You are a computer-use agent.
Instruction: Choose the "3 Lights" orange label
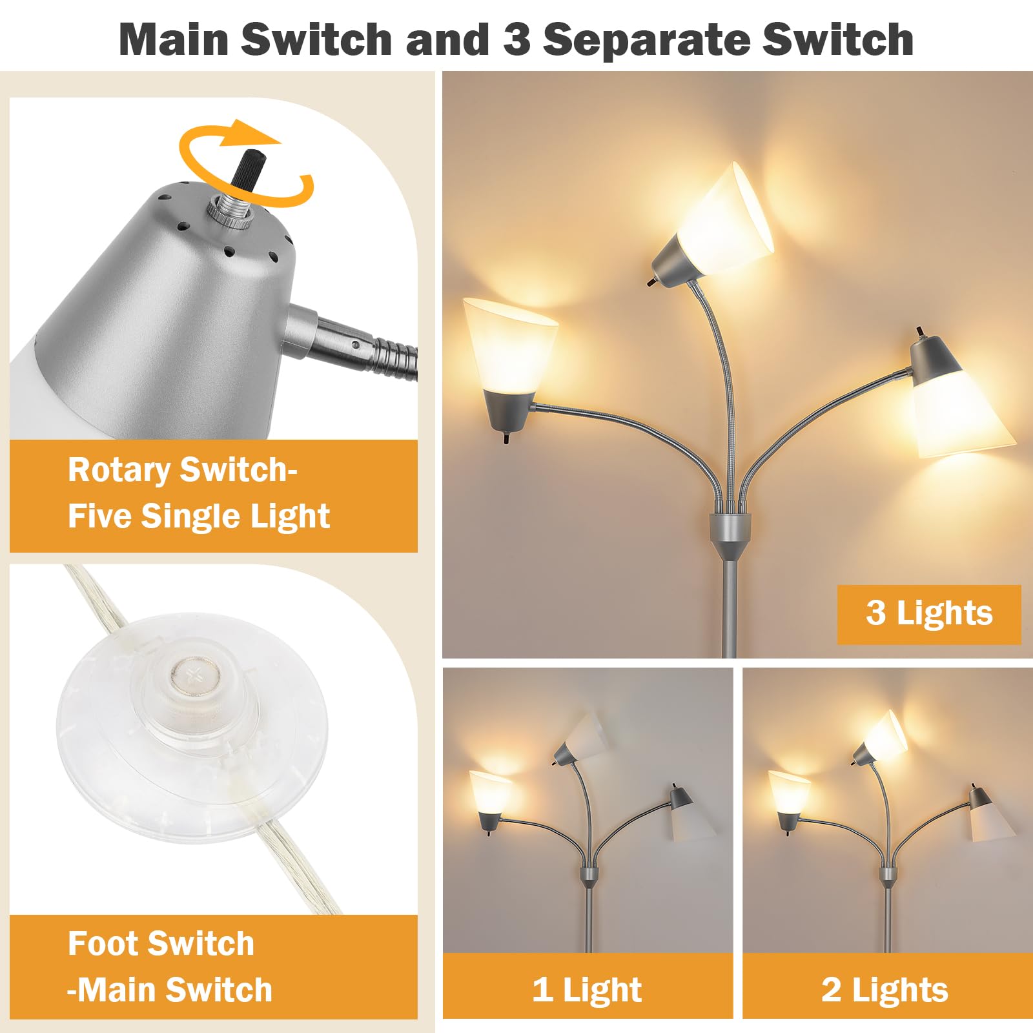929,614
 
